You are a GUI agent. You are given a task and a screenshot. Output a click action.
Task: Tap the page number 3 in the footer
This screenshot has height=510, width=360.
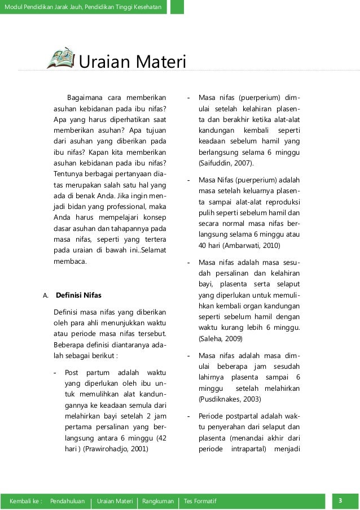tap(341, 501)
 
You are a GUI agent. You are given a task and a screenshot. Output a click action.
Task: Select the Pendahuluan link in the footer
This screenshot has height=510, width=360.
tap(68, 502)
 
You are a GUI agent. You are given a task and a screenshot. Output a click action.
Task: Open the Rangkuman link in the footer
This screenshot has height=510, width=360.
tap(158, 502)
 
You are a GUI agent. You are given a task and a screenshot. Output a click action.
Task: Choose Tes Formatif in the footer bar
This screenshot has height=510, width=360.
tap(200, 502)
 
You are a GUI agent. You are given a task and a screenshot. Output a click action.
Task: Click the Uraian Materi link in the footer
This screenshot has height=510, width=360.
tap(115, 502)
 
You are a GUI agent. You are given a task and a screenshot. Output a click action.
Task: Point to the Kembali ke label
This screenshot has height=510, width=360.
tap(26, 502)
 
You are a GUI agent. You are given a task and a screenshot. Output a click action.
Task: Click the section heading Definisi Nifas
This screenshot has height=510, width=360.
tap(78, 295)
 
